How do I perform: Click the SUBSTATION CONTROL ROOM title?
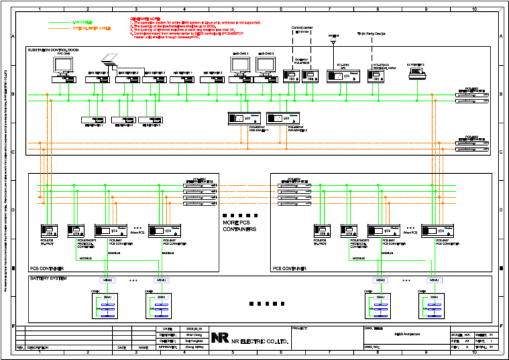(x=53, y=50)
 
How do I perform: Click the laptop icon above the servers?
(x=109, y=60)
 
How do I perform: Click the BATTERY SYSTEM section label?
(x=48, y=279)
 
